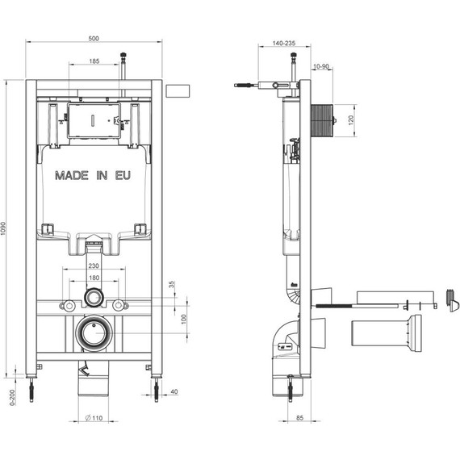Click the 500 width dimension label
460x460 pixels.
click(94, 39)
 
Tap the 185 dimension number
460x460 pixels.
click(94, 61)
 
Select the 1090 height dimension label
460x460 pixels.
click(3, 229)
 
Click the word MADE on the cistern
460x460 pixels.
click(72, 176)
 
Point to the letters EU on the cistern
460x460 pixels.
click(123, 176)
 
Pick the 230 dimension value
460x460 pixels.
click(94, 266)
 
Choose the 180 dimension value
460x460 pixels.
click(94, 278)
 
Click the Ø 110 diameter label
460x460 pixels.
click(94, 418)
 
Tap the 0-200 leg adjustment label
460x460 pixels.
click(12, 398)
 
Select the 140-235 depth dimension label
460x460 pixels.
click(284, 43)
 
